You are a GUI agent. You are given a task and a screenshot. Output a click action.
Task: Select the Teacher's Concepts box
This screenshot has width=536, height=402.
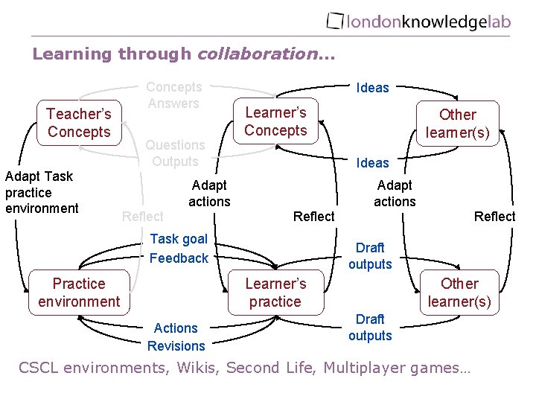click(79, 123)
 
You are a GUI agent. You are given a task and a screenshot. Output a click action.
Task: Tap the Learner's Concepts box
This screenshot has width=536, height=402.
click(275, 121)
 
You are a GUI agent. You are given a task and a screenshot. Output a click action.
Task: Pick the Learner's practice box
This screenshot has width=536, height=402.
click(275, 293)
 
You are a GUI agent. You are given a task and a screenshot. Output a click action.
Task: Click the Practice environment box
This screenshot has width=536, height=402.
click(79, 293)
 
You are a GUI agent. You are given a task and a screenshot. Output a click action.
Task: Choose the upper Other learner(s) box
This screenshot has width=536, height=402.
click(457, 124)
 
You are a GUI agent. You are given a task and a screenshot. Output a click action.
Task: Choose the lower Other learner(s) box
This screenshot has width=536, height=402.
click(459, 293)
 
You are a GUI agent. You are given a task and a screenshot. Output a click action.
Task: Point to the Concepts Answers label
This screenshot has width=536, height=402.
click(173, 95)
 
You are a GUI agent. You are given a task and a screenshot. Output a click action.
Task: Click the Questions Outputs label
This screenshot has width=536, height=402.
click(175, 153)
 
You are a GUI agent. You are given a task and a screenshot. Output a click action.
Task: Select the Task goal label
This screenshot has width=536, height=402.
click(179, 239)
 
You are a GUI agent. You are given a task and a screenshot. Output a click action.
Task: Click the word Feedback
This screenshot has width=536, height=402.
click(179, 258)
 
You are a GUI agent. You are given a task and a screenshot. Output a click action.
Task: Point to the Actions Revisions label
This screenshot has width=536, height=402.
click(176, 336)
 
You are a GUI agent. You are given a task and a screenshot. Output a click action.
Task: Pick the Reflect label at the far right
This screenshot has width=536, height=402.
click(494, 216)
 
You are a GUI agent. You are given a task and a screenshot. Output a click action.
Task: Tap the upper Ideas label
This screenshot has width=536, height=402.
click(372, 88)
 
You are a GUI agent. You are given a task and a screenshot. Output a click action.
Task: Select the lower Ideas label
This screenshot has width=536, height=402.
click(372, 162)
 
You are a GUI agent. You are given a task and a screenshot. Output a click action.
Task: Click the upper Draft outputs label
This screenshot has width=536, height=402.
click(370, 255)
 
